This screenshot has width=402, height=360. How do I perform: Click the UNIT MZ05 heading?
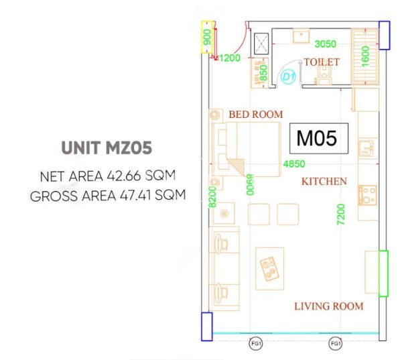(x=107, y=147)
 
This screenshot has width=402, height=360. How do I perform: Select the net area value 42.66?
(x=124, y=176)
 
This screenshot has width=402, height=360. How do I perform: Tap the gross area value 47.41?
(x=136, y=196)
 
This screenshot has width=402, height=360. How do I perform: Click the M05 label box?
(x=319, y=138)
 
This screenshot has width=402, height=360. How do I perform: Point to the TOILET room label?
(x=322, y=62)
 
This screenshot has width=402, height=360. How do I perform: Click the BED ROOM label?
(x=256, y=115)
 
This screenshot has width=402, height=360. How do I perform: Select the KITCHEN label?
(x=324, y=182)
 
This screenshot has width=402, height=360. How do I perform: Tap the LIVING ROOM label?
(x=329, y=306)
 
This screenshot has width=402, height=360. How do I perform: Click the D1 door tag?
(x=289, y=76)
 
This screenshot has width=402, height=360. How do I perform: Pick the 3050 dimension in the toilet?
(x=326, y=44)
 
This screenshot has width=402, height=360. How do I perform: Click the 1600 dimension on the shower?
(x=365, y=56)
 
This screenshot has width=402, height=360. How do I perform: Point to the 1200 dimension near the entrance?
(x=230, y=58)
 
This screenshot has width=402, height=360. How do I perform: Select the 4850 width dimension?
(x=294, y=164)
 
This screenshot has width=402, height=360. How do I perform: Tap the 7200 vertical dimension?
(x=341, y=215)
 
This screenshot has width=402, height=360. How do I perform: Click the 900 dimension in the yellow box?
(x=207, y=37)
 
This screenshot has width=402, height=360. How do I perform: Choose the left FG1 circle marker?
(x=256, y=343)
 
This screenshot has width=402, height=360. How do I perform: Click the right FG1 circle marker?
(x=336, y=343)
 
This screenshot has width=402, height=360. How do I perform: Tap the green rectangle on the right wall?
(x=383, y=274)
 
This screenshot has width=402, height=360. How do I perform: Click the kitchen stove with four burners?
(x=367, y=195)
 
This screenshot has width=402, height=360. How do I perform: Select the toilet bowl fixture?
(x=324, y=74)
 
